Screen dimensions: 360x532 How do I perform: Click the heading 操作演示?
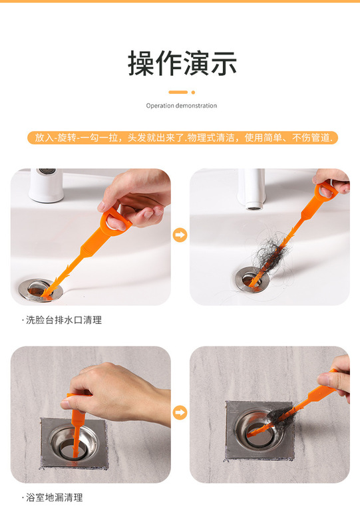click(182, 63)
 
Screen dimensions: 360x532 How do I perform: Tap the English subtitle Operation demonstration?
click(182, 106)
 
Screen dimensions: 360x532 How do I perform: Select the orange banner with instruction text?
click(183, 138)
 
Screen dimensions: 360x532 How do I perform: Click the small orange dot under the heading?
click(193, 92)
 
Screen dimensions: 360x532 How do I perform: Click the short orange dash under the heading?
click(178, 92)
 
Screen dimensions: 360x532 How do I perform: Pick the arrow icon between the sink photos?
click(180, 235)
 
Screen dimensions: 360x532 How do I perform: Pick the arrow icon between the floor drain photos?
click(180, 412)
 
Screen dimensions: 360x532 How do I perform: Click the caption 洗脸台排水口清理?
click(62, 320)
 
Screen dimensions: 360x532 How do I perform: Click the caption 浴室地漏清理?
click(53, 497)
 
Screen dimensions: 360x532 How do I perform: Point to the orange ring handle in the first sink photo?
click(116, 221)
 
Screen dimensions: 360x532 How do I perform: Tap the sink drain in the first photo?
click(41, 290)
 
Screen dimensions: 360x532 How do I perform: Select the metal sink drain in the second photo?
click(252, 279)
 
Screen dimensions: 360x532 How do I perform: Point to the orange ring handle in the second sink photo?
click(325, 190)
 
